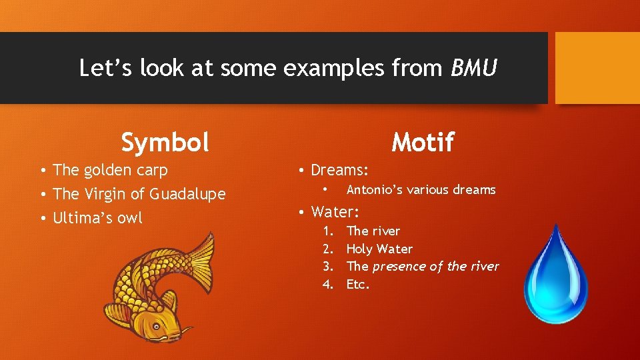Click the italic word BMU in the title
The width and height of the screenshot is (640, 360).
(474, 68)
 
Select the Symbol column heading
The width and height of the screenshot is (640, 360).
(165, 142)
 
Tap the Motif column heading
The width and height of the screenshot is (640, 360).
(423, 142)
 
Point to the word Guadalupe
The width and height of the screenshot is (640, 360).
(188, 194)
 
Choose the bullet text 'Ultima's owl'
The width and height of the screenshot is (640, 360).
(97, 218)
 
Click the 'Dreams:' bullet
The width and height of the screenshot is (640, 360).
(339, 170)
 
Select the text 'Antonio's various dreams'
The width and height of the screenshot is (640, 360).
(421, 190)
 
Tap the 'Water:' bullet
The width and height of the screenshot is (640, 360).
(335, 212)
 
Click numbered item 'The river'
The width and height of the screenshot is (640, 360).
(373, 231)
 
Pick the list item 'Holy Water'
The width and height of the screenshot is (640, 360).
(379, 249)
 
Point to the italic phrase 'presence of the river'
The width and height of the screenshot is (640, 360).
(435, 266)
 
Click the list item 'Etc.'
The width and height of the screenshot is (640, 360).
(358, 284)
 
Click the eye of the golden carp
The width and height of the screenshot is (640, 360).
(155, 326)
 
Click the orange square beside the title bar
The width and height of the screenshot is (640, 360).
(597, 68)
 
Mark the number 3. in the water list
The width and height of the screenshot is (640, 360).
(327, 266)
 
